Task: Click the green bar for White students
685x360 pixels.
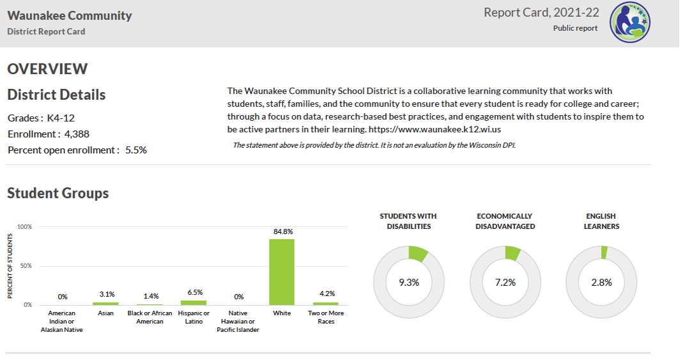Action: (x=281, y=272)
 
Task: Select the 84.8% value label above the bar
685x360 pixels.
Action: (x=281, y=231)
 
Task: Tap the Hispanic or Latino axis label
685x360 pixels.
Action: (x=194, y=317)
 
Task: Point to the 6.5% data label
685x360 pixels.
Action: (x=195, y=292)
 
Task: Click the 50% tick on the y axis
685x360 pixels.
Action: (x=24, y=266)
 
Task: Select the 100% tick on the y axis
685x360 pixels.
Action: (x=24, y=227)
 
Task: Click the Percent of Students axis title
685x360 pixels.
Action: (x=10, y=265)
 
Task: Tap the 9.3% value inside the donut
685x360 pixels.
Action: (x=409, y=282)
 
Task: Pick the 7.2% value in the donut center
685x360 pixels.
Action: (x=505, y=282)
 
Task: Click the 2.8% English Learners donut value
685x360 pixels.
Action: (x=601, y=282)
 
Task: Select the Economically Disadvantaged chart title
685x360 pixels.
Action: (x=505, y=221)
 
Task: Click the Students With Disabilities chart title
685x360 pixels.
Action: (x=408, y=221)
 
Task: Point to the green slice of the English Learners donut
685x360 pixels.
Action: (x=604, y=252)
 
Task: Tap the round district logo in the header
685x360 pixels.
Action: (x=629, y=22)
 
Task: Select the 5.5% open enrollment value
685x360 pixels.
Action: (x=136, y=150)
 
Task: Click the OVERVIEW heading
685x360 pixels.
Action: (x=47, y=69)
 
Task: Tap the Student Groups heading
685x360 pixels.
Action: (x=58, y=193)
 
